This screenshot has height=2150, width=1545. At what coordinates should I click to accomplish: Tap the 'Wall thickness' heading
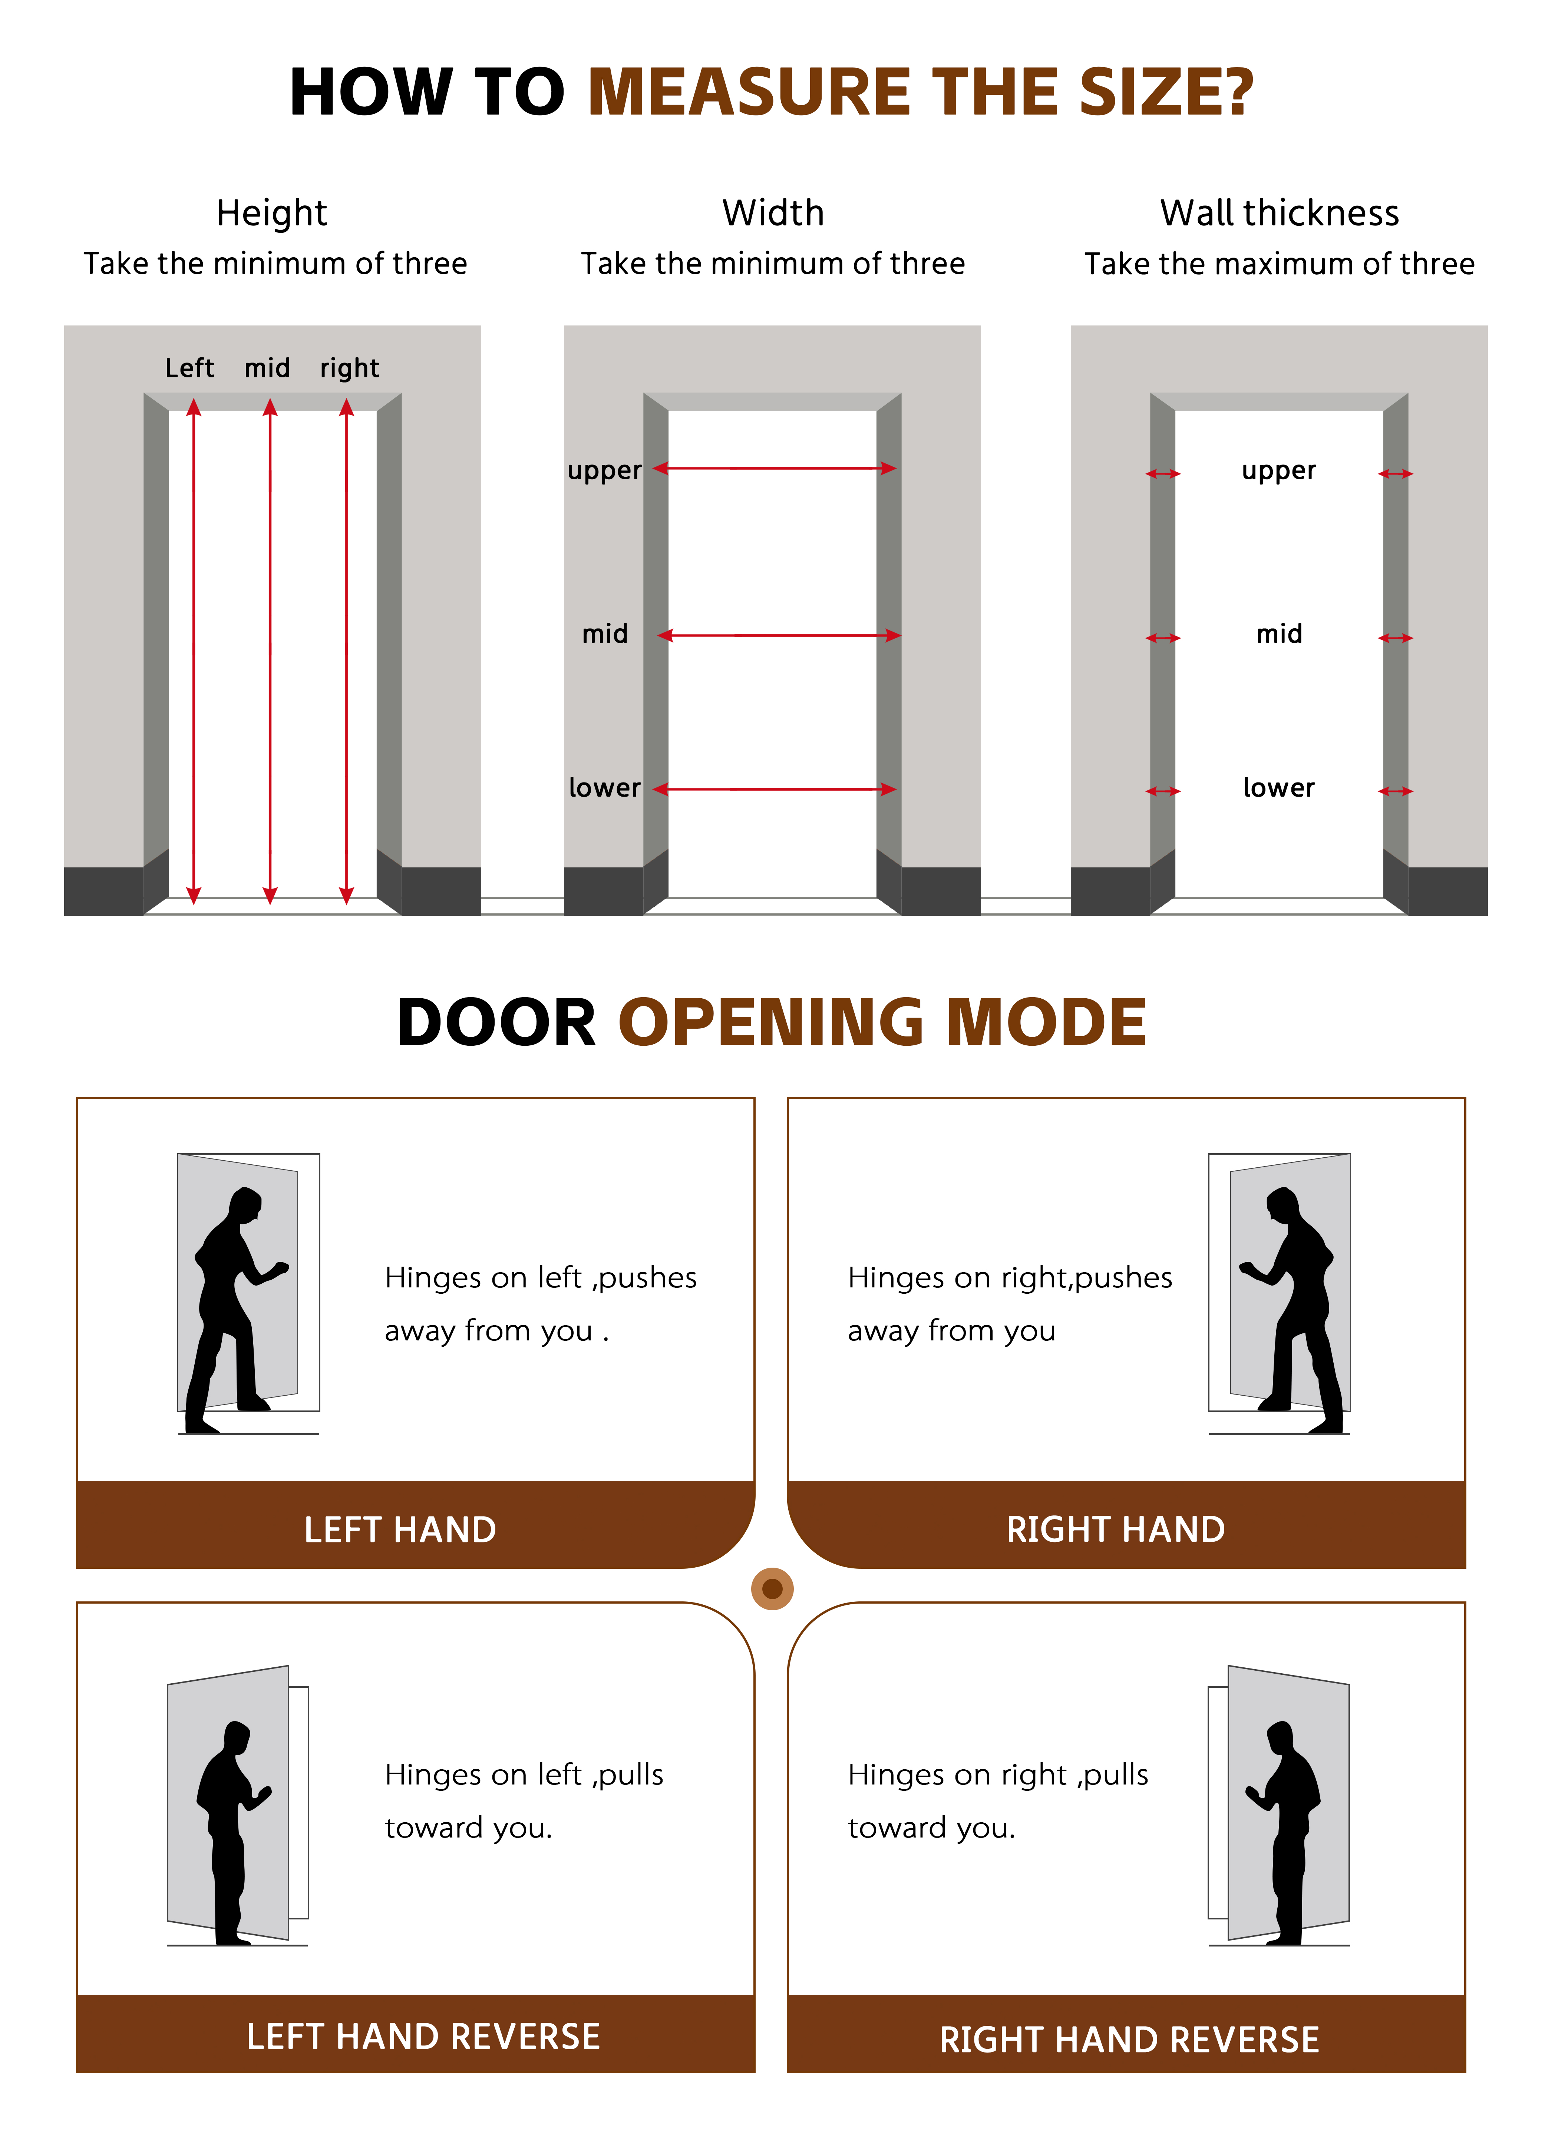1280,213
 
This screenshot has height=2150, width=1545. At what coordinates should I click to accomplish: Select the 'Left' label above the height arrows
190,368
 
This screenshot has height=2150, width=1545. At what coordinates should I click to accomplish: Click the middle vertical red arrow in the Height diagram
270,651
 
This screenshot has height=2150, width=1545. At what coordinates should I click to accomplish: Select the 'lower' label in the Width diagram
604,788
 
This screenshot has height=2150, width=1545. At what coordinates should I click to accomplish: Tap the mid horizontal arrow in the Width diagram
779,635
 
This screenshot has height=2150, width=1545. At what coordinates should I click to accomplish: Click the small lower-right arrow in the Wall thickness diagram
1395,791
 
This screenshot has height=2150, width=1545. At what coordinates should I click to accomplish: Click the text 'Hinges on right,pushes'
1010,1278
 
